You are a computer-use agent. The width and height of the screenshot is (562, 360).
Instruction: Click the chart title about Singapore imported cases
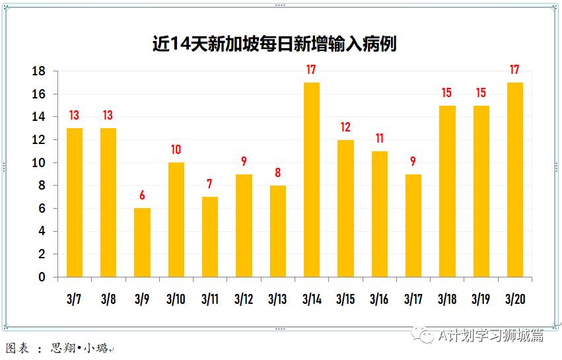pyautogui.click(x=274, y=44)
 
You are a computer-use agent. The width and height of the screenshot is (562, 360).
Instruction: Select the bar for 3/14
pyautogui.click(x=312, y=180)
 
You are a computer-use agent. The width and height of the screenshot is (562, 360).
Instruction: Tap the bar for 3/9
pyautogui.click(x=142, y=242)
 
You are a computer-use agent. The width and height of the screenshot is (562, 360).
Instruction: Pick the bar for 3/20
pyautogui.click(x=514, y=180)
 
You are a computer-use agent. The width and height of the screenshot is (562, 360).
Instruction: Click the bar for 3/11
pyautogui.click(x=210, y=236)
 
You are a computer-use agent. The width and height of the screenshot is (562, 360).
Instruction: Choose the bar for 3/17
pyautogui.click(x=413, y=225)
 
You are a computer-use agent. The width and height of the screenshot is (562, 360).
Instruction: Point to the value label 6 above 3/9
pyautogui.click(x=142, y=196)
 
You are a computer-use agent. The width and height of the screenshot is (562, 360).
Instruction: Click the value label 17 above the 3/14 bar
pyautogui.click(x=312, y=69)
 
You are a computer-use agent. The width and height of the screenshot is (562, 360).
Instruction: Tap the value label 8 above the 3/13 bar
pyautogui.click(x=277, y=173)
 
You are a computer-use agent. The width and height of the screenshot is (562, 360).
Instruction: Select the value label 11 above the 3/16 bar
pyautogui.click(x=379, y=139)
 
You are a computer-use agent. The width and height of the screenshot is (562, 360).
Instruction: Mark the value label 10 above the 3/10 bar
pyautogui.click(x=176, y=150)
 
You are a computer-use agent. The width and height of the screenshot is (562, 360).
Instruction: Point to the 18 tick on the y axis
pyautogui.click(x=39, y=71)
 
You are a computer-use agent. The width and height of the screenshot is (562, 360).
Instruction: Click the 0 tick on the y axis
pyautogui.click(x=42, y=277)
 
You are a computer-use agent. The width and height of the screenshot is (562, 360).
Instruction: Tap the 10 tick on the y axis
pyautogui.click(x=39, y=163)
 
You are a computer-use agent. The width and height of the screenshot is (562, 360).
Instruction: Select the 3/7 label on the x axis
pyautogui.click(x=74, y=299)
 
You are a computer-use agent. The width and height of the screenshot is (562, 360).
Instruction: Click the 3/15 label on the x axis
pyautogui.click(x=345, y=299)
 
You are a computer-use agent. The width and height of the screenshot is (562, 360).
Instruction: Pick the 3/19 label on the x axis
pyautogui.click(x=480, y=299)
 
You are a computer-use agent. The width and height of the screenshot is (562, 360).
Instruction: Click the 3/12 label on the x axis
pyautogui.click(x=243, y=299)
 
